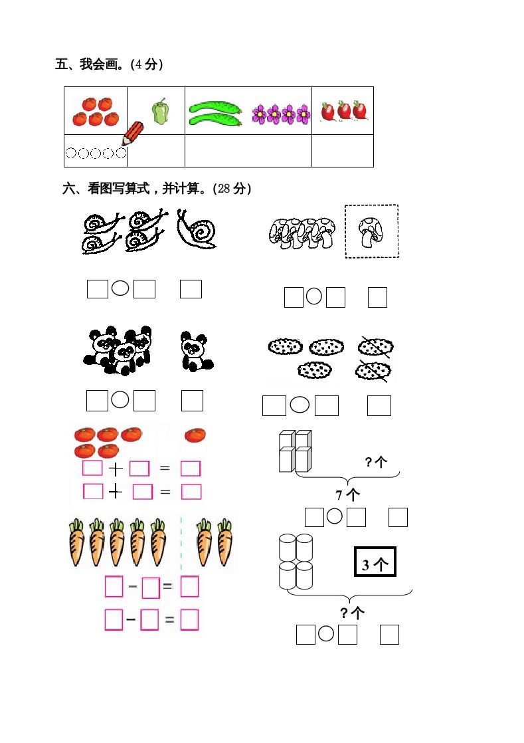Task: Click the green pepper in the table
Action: point(159,112)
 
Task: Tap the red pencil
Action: point(133,133)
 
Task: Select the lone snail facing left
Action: point(197,231)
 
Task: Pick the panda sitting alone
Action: point(196,352)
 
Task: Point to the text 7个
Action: point(347,494)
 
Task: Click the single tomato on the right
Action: point(195,435)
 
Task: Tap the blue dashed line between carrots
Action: point(181,542)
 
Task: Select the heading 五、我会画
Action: point(110,64)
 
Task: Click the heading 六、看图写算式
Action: point(157,189)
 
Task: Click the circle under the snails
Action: point(120,288)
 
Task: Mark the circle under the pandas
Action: point(120,399)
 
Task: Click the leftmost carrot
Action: point(78,542)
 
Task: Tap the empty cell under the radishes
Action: point(342,151)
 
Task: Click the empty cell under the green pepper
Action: point(155,151)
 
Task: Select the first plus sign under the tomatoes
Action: point(116,469)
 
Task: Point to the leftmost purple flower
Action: point(259,114)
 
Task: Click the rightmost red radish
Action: point(360,110)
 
